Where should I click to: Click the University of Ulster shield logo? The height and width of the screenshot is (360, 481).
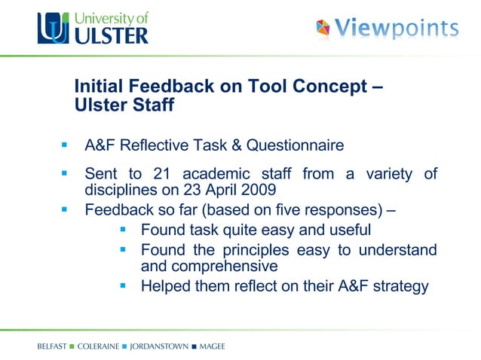click(56, 29)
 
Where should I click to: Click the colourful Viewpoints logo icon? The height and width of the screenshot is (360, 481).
click(323, 29)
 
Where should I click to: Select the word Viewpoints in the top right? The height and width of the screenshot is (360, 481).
click(396, 29)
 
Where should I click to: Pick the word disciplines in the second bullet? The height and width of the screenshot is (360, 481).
click(116, 189)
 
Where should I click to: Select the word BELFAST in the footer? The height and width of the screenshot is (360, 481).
click(51, 346)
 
